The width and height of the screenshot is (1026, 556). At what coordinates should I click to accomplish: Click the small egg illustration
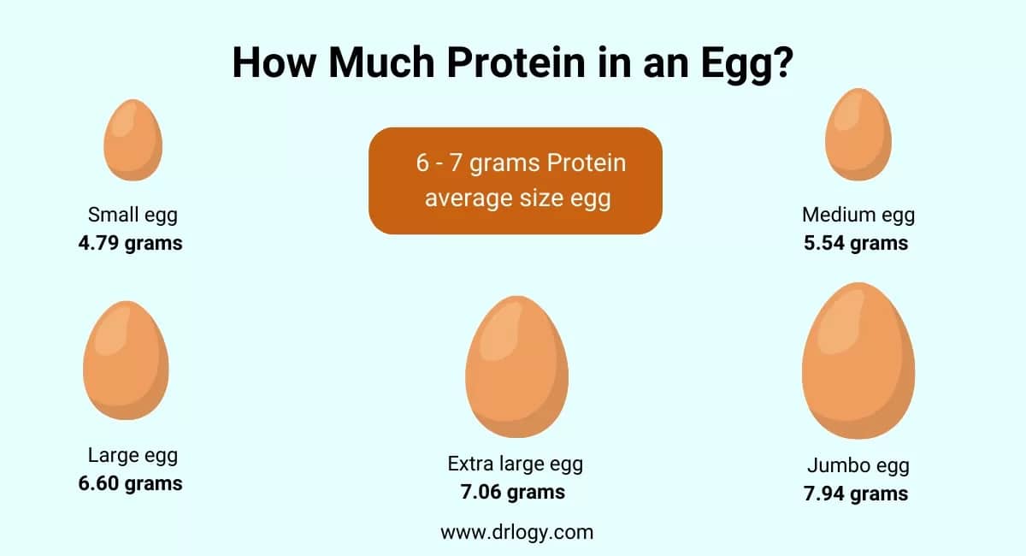pyautogui.click(x=133, y=139)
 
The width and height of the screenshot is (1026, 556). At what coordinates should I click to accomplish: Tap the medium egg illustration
pyautogui.click(x=858, y=134)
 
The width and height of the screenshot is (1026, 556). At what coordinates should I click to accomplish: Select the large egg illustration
pyautogui.click(x=126, y=360)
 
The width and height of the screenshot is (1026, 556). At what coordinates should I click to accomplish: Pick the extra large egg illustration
pyautogui.click(x=517, y=367)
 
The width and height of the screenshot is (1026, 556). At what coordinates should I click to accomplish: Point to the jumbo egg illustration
pyautogui.click(x=858, y=361)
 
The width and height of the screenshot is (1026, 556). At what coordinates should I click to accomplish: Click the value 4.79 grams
pyautogui.click(x=131, y=244)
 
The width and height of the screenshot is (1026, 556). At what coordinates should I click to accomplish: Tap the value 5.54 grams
pyautogui.click(x=856, y=244)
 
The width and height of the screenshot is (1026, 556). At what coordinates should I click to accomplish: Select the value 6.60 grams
pyautogui.click(x=131, y=483)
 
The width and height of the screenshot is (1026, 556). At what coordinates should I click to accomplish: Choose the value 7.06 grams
pyautogui.click(x=513, y=493)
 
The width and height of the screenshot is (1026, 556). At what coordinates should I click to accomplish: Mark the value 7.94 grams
pyautogui.click(x=856, y=494)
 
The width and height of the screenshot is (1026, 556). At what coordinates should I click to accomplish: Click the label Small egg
pyautogui.click(x=133, y=216)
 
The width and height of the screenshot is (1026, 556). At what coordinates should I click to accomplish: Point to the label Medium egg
pyautogui.click(x=858, y=216)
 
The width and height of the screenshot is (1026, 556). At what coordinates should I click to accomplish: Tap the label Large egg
pyautogui.click(x=133, y=456)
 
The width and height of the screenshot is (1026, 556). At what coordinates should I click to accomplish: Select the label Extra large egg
pyautogui.click(x=516, y=464)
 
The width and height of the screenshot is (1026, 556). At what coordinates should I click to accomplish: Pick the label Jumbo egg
pyautogui.click(x=858, y=466)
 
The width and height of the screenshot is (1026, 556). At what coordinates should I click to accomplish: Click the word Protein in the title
pyautogui.click(x=516, y=62)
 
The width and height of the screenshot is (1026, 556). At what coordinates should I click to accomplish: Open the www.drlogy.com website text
pyautogui.click(x=517, y=533)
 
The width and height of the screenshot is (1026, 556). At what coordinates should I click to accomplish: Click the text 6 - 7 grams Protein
pyautogui.click(x=521, y=163)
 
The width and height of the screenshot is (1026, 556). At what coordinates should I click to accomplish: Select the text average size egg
pyautogui.click(x=518, y=198)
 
